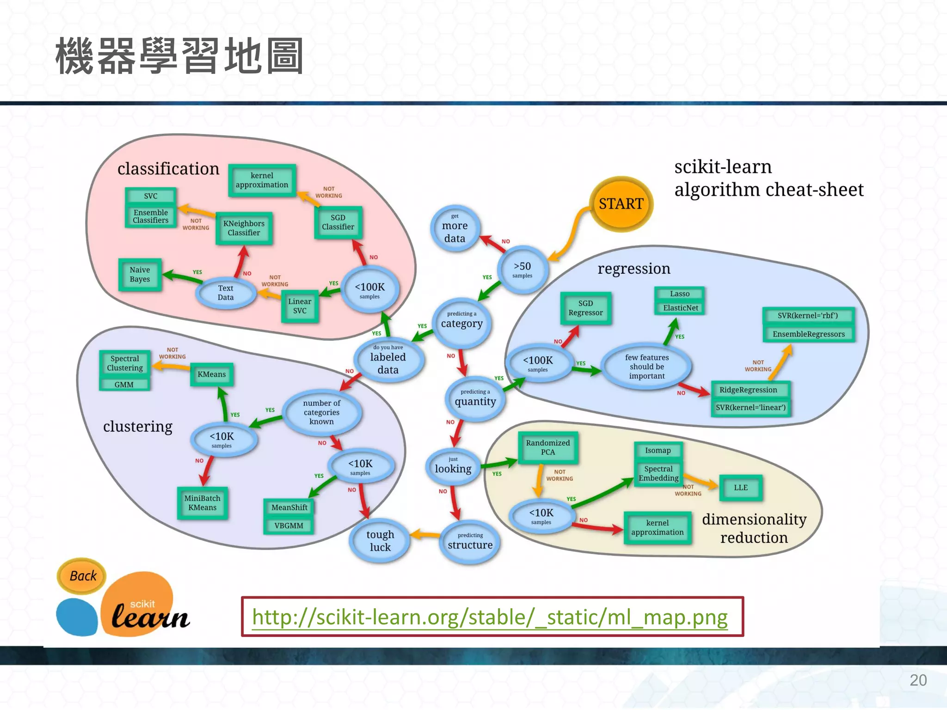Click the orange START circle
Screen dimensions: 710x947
tap(621, 204)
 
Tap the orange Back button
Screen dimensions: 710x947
tap(82, 576)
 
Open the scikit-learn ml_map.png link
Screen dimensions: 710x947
tap(490, 617)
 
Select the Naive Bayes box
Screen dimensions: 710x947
tap(140, 275)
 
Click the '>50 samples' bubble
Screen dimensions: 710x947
tap(523, 269)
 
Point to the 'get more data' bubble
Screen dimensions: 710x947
tap(455, 228)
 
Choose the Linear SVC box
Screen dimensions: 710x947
tap(300, 306)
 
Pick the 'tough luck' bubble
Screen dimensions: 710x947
tap(380, 540)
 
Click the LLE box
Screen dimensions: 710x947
tap(740, 488)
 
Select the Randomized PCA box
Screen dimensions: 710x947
tap(548, 447)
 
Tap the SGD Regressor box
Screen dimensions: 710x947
tap(585, 308)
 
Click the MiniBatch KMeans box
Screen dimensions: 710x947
tap(203, 503)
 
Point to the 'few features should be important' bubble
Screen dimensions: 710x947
tap(646, 367)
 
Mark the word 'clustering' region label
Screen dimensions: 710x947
tap(137, 426)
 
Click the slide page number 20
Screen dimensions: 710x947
tap(918, 680)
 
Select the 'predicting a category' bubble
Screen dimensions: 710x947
tap(461, 321)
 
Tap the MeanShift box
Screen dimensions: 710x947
tap(289, 508)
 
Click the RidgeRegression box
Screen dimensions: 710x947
tap(748, 390)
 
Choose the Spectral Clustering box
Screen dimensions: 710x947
tap(125, 363)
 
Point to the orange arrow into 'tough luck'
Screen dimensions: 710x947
tap(424, 535)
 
